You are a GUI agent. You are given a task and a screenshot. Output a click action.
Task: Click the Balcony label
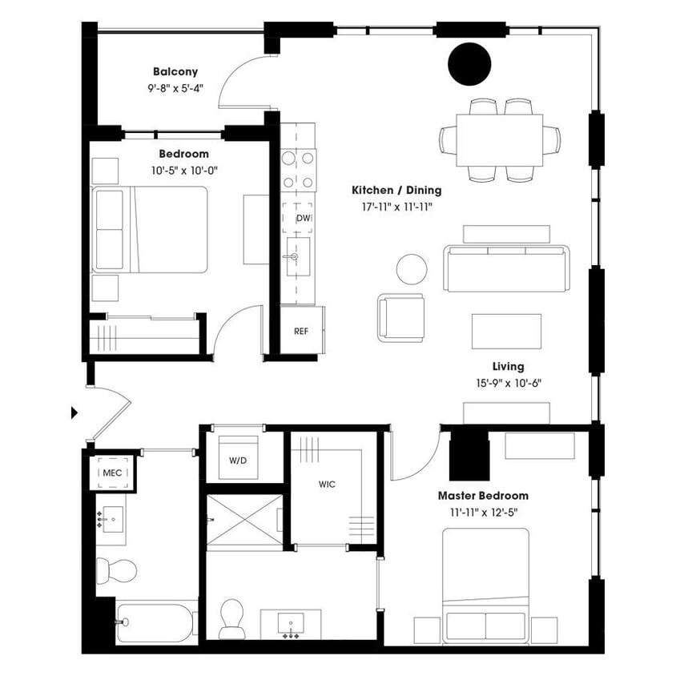[175, 72]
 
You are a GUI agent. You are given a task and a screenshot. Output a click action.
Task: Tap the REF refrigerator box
[301, 331]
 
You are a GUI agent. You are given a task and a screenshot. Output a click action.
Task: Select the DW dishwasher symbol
[303, 218]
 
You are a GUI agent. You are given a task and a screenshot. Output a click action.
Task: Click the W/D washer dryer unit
[238, 461]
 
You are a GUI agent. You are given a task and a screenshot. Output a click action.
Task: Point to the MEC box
[112, 473]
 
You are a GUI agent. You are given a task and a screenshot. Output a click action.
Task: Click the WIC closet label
[327, 485]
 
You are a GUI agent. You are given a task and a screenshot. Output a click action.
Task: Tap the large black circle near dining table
[469, 65]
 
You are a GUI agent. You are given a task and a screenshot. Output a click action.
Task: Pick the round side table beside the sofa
[412, 268]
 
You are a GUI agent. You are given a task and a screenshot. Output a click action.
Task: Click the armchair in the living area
[401, 317]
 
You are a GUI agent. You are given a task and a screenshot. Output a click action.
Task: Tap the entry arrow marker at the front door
[74, 412]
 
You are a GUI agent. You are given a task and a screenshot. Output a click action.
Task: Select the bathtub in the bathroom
[156, 622]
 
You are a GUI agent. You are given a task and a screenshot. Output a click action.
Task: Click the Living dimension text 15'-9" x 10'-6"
[507, 383]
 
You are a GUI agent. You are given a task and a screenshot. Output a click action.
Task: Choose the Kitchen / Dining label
[396, 191]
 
